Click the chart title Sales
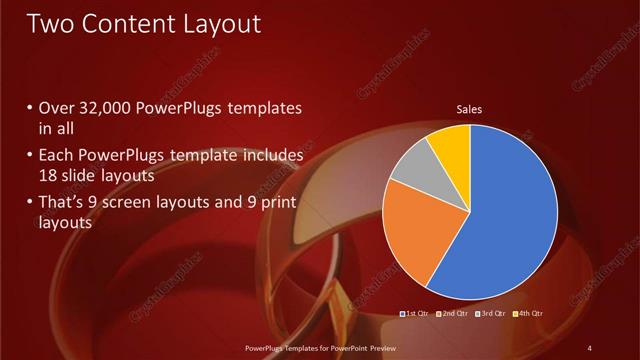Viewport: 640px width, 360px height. point(470,108)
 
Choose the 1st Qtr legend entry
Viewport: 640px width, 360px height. point(414,315)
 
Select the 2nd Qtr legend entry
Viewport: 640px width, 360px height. point(453,315)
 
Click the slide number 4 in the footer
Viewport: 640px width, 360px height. point(589,347)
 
